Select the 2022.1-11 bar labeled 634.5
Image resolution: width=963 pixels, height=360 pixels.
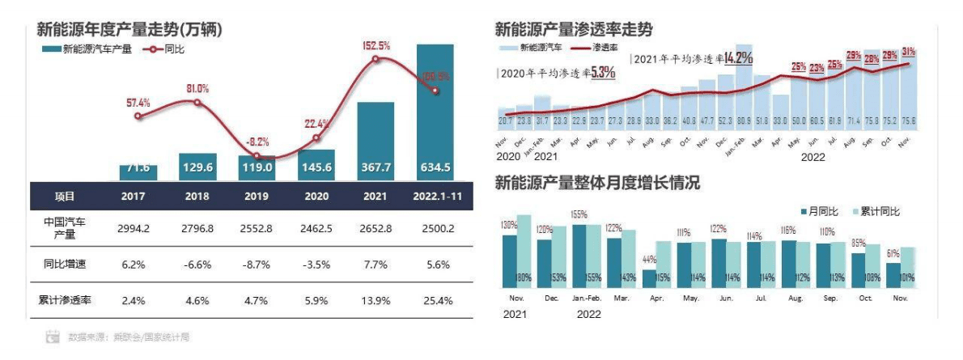coord(435,113)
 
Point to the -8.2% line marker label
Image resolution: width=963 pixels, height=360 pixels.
coord(258,140)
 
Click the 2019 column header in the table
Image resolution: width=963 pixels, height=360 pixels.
coord(257,197)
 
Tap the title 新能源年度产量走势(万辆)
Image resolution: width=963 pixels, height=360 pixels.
coord(129,30)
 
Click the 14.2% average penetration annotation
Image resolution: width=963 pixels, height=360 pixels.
coord(738,57)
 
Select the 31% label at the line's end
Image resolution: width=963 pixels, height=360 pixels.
coord(909,52)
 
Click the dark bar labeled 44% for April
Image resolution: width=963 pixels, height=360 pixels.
coord(649,278)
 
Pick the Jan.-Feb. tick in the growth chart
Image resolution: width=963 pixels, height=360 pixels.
coord(587,298)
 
